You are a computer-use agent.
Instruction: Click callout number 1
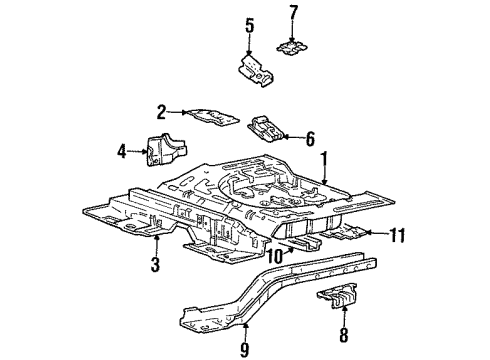point(322,158)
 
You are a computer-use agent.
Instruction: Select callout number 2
point(160,112)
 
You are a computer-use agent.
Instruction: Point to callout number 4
point(122,152)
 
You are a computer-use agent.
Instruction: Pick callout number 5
point(250,24)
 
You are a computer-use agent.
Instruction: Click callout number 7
point(293,13)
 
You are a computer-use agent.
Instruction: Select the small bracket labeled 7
point(293,47)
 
